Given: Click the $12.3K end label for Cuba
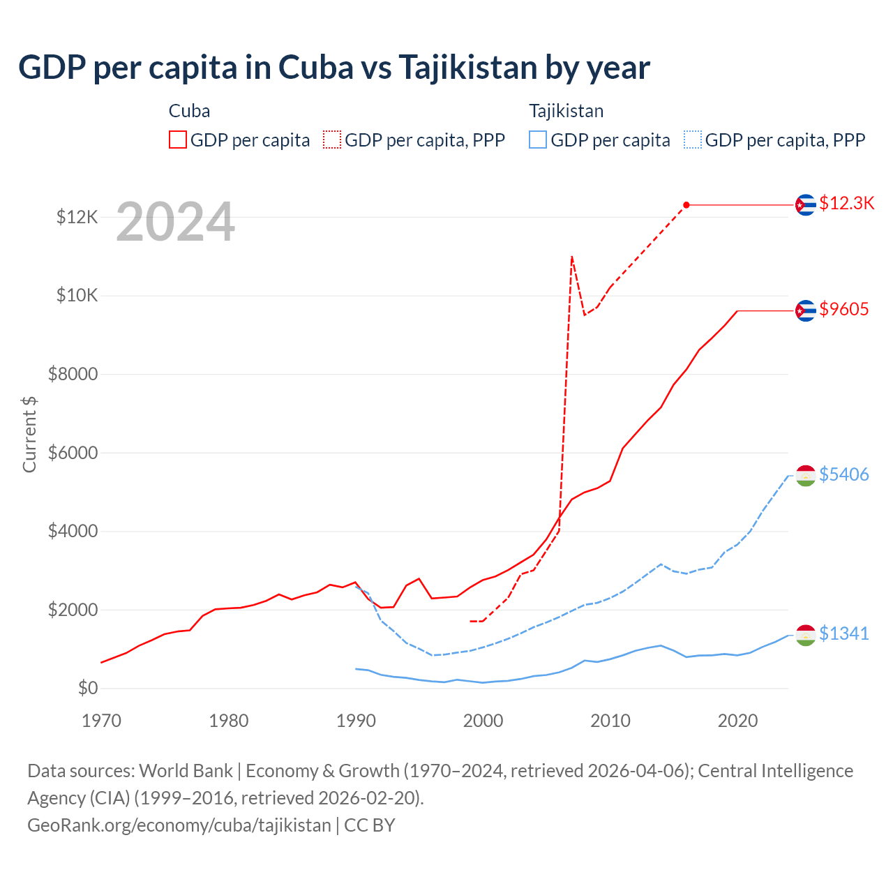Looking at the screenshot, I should tap(846, 203).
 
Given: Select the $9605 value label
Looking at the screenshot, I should tap(843, 309).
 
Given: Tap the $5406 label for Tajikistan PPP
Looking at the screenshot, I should tap(843, 474).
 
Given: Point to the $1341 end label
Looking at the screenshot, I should tap(843, 633).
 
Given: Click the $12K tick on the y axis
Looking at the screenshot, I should tap(77, 217).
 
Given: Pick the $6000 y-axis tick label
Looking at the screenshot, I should tap(73, 453).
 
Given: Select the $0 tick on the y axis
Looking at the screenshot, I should tap(87, 688).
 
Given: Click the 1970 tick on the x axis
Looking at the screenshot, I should tap(102, 721).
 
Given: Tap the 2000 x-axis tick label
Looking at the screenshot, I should tap(483, 721).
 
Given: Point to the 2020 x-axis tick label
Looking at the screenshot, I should tap(737, 721).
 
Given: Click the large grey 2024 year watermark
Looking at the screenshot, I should tap(175, 223).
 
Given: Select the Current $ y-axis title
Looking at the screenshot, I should tap(29, 434).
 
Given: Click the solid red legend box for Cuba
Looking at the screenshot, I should tap(178, 140).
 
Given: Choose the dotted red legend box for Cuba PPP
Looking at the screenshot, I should tap(332, 140).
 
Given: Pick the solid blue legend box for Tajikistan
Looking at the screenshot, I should tap(538, 140).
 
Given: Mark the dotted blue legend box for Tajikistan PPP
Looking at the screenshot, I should tap(693, 140).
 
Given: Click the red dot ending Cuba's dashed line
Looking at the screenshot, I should tap(686, 204).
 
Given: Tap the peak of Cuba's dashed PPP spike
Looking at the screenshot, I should tap(572, 257).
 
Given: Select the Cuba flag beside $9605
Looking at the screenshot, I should tap(806, 310).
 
